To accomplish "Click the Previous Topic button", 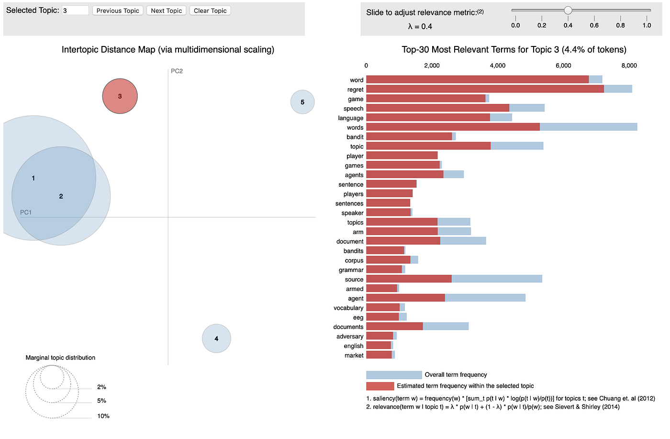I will click(118, 11).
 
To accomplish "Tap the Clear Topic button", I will click(210, 11).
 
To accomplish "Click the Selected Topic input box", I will click(76, 11).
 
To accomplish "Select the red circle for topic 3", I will click(120, 96).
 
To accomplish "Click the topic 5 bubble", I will click(302, 102).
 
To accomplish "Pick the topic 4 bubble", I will click(216, 338).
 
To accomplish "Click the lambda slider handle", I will click(568, 10).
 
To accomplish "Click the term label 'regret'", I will click(355, 90).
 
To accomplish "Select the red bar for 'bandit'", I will click(409, 136).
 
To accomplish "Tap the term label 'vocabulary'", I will click(348, 308).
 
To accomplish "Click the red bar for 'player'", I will click(402, 156).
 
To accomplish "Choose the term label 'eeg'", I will click(358, 317).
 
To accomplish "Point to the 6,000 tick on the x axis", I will click(563, 66).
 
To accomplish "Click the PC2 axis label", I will click(177, 71).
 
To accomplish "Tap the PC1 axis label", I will click(26, 212).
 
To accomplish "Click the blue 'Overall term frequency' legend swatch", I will click(394, 375).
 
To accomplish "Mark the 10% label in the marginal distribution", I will click(103, 416).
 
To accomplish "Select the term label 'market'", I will click(354, 355).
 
